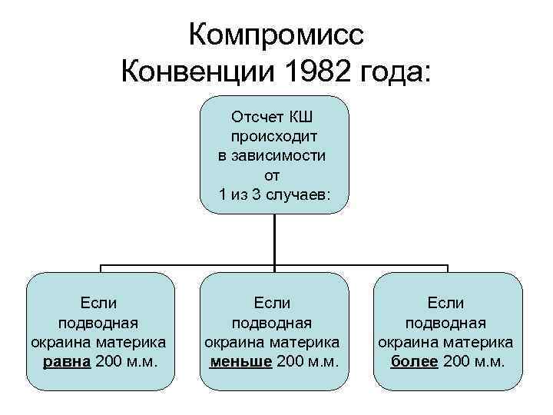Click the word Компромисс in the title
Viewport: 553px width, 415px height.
click(276, 36)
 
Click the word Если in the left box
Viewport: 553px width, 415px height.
click(99, 304)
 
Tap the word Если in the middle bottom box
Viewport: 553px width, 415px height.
click(273, 304)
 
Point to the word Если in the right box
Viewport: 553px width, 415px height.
click(446, 304)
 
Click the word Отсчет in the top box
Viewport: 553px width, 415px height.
click(257, 118)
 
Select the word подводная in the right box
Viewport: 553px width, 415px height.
click(446, 323)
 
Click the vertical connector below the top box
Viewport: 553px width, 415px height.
click(274, 238)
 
